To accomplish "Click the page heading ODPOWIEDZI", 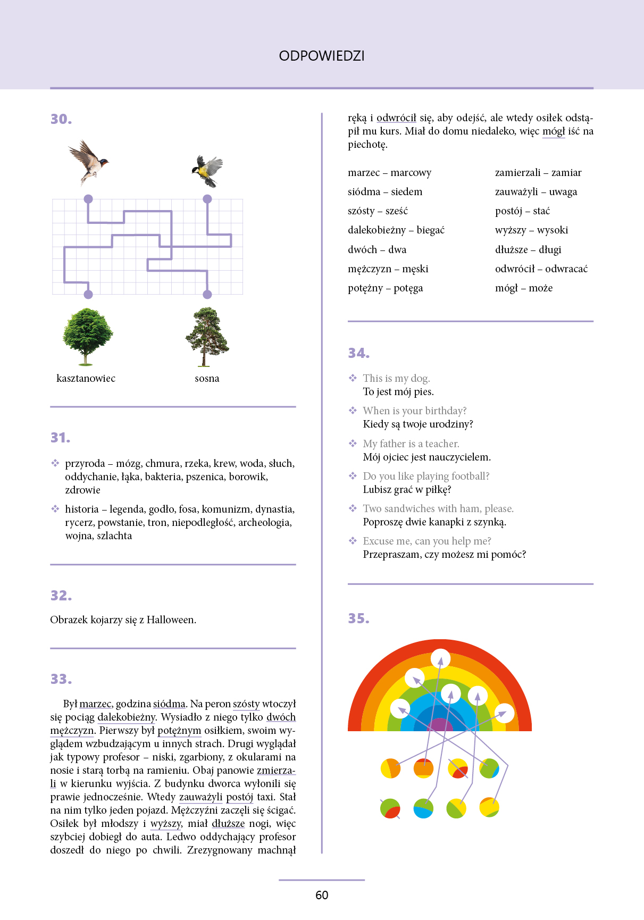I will coord(322,56).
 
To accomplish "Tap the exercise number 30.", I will coord(61,119).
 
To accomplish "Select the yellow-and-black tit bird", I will coord(208,170).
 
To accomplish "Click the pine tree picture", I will coord(207,337).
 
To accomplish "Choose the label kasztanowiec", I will coord(86,378).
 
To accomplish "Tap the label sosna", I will coord(207,378).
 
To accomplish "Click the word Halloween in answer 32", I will coord(171,620).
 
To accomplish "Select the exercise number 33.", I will coord(61,679).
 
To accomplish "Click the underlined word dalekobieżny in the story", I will coord(127,717).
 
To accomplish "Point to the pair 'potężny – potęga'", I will coord(385,288).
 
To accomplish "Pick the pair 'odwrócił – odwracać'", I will coord(541,269).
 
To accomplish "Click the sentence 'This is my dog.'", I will coord(396,378).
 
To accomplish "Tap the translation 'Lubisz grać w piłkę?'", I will coord(407,489).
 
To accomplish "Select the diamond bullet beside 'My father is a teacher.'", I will coord(353,444).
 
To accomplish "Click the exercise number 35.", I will coord(359,618).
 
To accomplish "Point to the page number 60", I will coord(322,895).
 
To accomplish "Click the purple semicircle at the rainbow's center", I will coord(440,725).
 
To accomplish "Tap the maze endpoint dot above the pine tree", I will coord(207,294).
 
